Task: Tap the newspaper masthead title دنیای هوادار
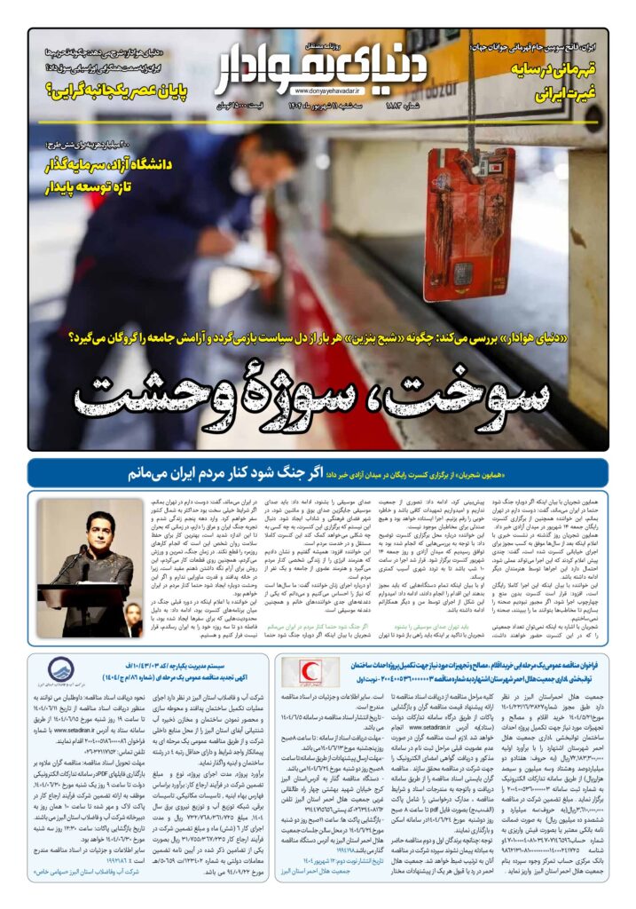pyautogui.click(x=324, y=62)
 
